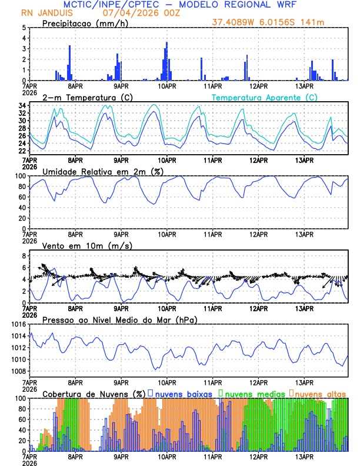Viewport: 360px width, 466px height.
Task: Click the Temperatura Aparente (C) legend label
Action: [x=265, y=97]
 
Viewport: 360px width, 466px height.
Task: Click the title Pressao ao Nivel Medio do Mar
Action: [x=119, y=319]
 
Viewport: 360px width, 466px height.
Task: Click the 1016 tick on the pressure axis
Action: [x=17, y=324]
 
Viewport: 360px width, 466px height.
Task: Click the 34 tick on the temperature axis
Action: [x=22, y=106]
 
